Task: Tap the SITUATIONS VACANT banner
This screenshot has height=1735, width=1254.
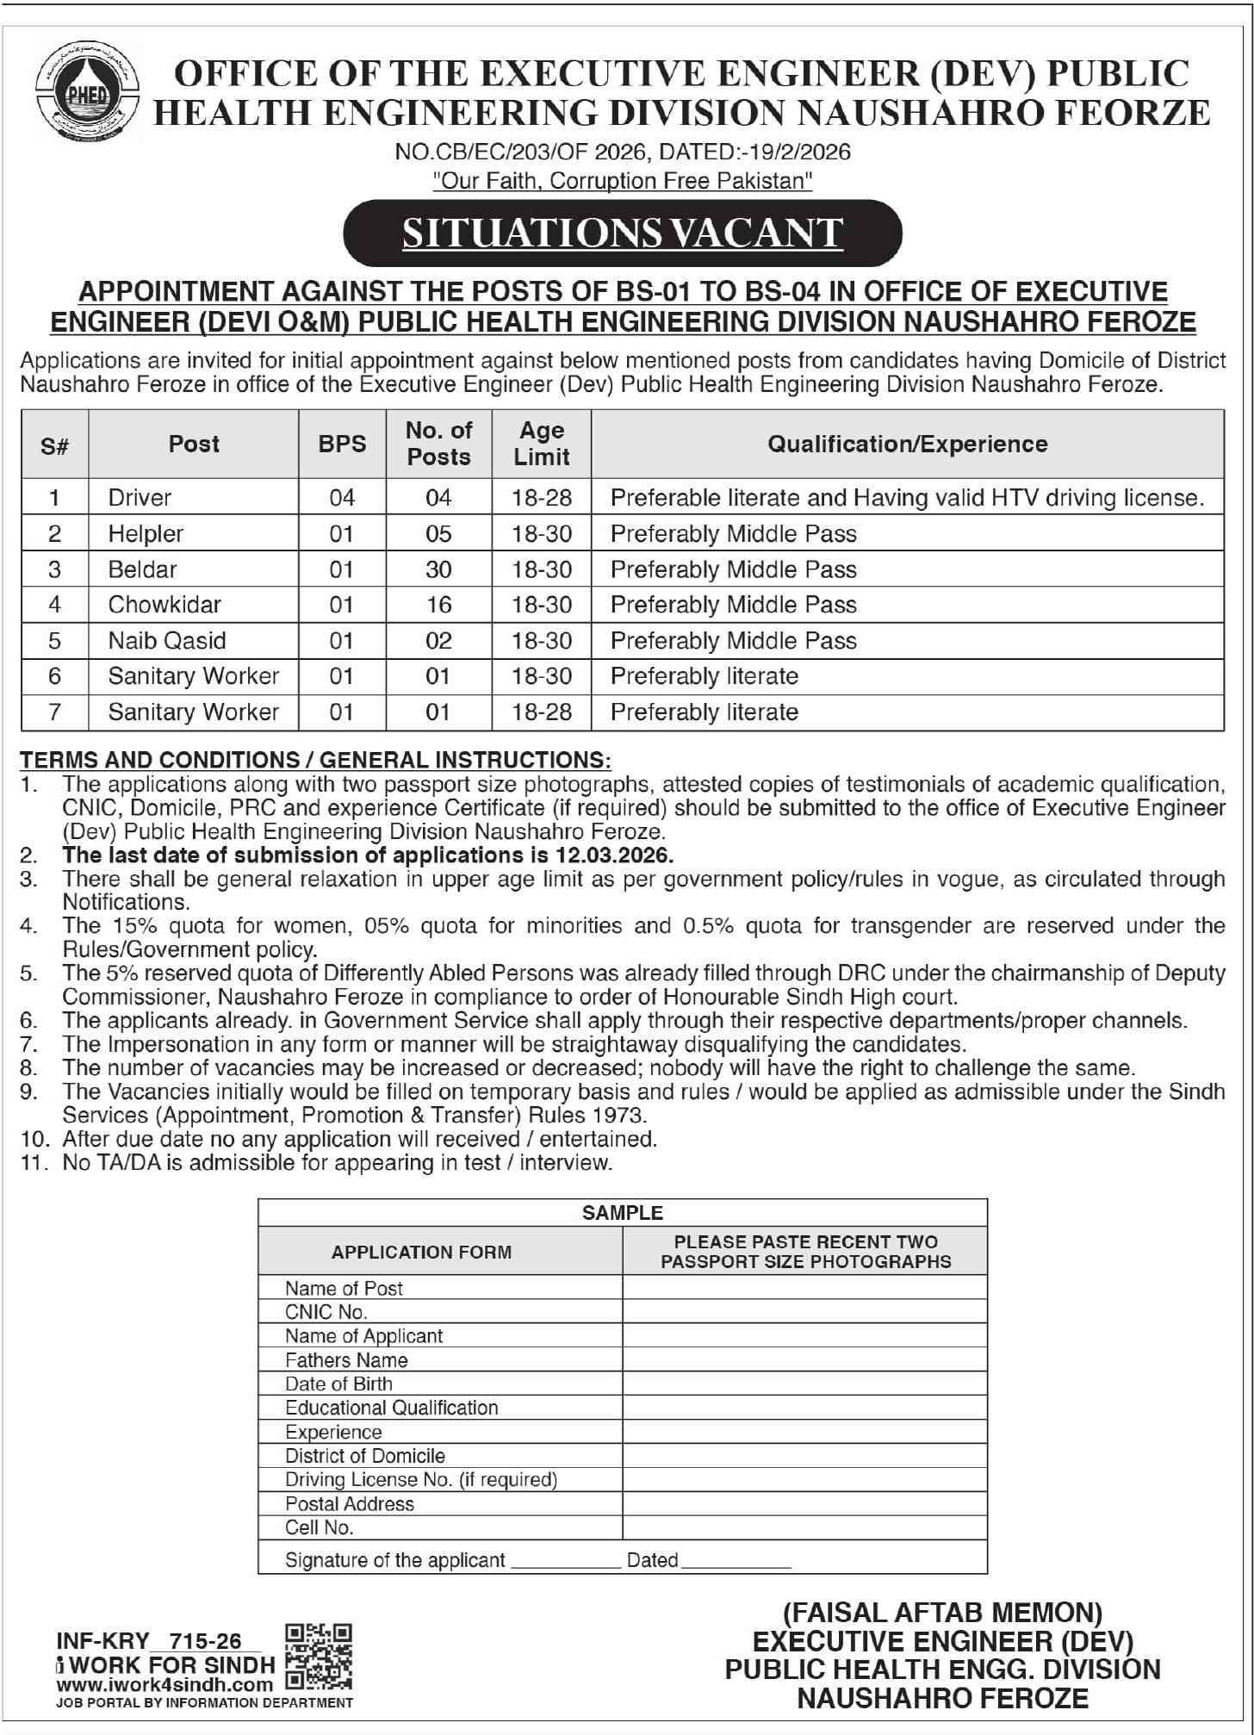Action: (622, 233)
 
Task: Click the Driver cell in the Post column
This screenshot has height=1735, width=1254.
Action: (140, 498)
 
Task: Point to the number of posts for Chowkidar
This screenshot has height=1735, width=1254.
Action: (438, 605)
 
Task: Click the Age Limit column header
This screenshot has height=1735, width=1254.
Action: (541, 444)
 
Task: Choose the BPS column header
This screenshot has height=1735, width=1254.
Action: (342, 444)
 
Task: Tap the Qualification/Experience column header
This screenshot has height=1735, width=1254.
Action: (907, 444)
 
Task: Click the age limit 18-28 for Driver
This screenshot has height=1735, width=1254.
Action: (541, 498)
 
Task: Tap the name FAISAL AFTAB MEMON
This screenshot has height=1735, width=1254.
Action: (942, 1613)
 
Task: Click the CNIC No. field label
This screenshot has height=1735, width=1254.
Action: (326, 1312)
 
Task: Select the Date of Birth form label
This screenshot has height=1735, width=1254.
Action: (338, 1384)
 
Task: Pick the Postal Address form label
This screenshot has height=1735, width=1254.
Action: (349, 1503)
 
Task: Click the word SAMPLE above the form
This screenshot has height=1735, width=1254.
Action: (622, 1213)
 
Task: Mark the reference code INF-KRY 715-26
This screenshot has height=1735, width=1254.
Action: (149, 1641)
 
